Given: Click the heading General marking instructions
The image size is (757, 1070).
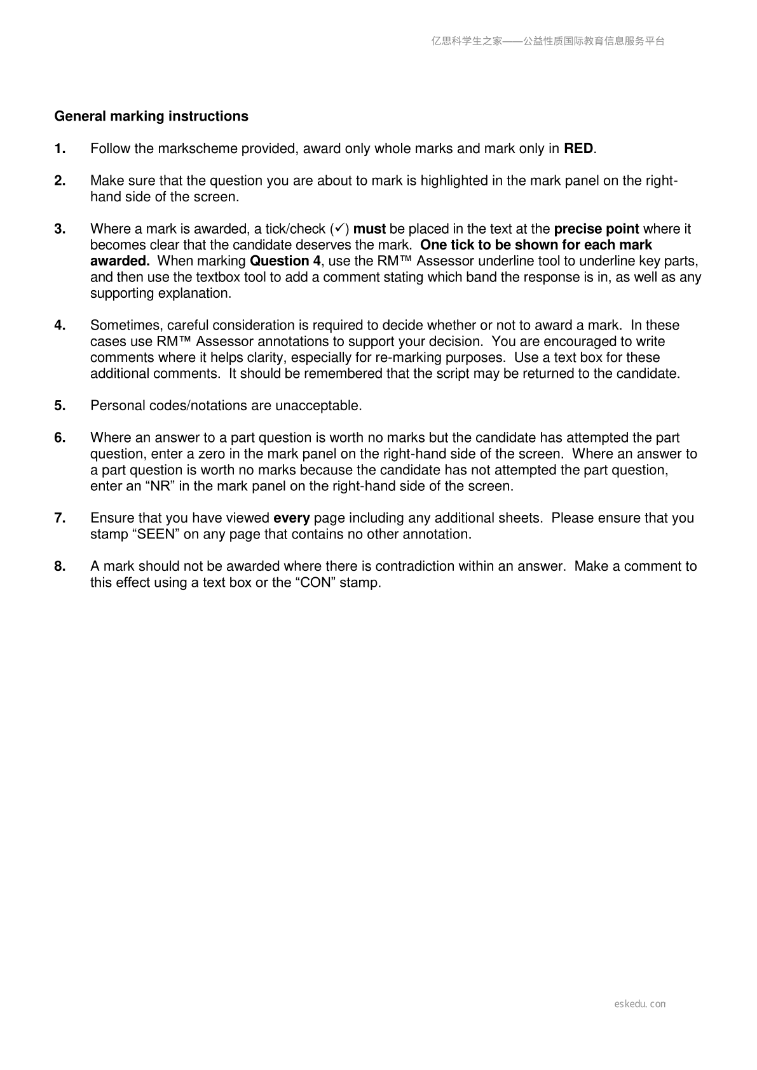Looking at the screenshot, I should (151, 117).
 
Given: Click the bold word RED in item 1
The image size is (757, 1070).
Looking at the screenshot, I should (578, 149).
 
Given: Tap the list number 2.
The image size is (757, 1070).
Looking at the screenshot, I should (60, 181).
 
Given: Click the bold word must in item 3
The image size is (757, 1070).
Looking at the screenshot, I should (369, 229).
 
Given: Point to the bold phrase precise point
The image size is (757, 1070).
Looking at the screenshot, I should (596, 229).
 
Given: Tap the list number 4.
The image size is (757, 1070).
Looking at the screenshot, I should (60, 326).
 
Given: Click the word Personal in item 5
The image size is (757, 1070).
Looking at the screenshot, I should (115, 406).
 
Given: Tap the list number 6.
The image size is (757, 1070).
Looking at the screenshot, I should (60, 438).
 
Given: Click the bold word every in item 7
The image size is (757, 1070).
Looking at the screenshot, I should (291, 518).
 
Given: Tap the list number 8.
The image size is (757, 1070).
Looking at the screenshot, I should (60, 566).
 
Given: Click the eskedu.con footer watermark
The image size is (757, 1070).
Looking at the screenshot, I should (640, 1004).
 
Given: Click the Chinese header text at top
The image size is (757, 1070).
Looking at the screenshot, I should (548, 41).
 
